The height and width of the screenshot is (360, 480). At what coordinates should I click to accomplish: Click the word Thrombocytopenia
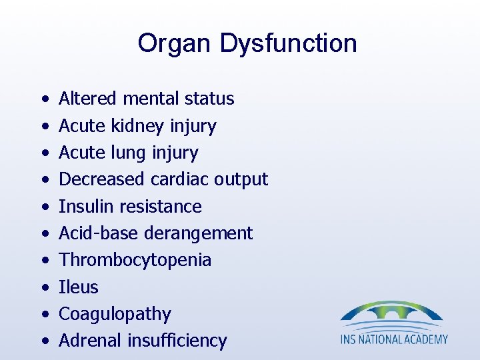135,260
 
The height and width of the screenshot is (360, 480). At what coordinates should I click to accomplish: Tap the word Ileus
79,287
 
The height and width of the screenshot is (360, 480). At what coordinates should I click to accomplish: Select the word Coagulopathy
115,314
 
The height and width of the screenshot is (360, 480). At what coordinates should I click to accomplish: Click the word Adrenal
88,341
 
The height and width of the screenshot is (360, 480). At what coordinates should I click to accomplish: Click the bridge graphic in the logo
391,314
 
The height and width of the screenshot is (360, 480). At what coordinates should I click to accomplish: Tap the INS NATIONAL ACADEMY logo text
394,339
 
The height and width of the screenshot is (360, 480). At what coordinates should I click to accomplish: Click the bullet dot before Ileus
43,288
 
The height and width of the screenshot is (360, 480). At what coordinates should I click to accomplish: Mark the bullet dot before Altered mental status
43,99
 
